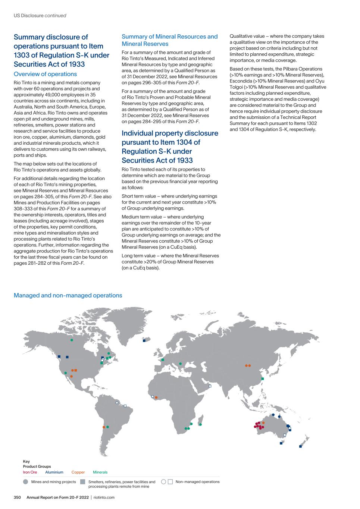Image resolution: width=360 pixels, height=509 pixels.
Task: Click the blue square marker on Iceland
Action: click(x=144, y=340)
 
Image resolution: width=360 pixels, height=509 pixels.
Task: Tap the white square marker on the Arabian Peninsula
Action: click(x=210, y=386)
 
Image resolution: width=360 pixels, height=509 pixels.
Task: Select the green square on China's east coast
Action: click(x=263, y=379)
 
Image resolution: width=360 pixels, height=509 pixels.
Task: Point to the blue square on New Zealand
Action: click(x=300, y=446)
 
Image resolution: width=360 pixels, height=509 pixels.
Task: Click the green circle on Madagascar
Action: click(x=200, y=424)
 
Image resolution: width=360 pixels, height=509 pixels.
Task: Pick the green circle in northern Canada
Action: click(x=72, y=340)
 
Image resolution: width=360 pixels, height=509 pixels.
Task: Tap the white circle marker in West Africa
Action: click(x=153, y=396)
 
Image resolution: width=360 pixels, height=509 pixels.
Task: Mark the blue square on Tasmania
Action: click(x=281, y=443)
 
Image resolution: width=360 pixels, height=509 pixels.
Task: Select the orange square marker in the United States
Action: click(x=76, y=370)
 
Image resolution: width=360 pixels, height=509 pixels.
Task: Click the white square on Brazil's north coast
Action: click(x=125, y=406)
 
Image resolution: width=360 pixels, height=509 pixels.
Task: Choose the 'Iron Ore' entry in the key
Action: click(x=30, y=472)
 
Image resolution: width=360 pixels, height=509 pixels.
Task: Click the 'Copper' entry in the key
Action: click(x=78, y=472)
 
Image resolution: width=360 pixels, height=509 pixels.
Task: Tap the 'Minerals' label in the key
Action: click(x=100, y=472)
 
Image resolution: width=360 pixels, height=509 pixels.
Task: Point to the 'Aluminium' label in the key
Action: click(x=54, y=472)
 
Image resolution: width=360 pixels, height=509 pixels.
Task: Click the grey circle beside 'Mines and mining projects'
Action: click(x=25, y=482)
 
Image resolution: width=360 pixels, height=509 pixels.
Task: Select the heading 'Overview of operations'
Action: click(x=45, y=74)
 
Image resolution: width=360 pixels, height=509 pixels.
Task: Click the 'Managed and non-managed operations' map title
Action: click(x=68, y=295)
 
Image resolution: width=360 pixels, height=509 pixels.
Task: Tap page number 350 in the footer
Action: click(x=18, y=497)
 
